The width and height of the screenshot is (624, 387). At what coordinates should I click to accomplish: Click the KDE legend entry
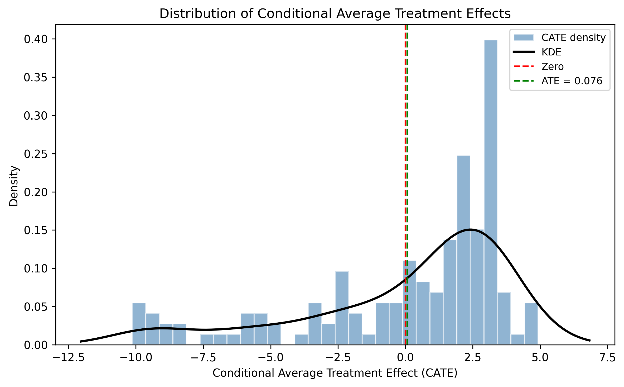(x=551, y=52)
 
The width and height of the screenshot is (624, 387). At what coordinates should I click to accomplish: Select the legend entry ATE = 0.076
(x=572, y=81)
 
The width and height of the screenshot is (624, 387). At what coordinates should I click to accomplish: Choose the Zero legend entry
(x=552, y=67)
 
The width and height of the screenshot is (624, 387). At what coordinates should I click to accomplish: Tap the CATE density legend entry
(x=573, y=38)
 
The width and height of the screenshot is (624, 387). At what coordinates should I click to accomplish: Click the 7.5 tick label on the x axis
(x=607, y=358)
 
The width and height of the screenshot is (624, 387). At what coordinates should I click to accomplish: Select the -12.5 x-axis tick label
(x=69, y=358)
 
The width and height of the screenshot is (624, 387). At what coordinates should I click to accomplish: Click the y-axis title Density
(x=14, y=186)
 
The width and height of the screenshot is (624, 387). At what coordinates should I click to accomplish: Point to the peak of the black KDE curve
(x=471, y=229)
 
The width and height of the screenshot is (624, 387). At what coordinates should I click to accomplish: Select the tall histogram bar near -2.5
(x=342, y=308)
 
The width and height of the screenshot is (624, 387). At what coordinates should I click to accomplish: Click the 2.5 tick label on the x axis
(x=472, y=358)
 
